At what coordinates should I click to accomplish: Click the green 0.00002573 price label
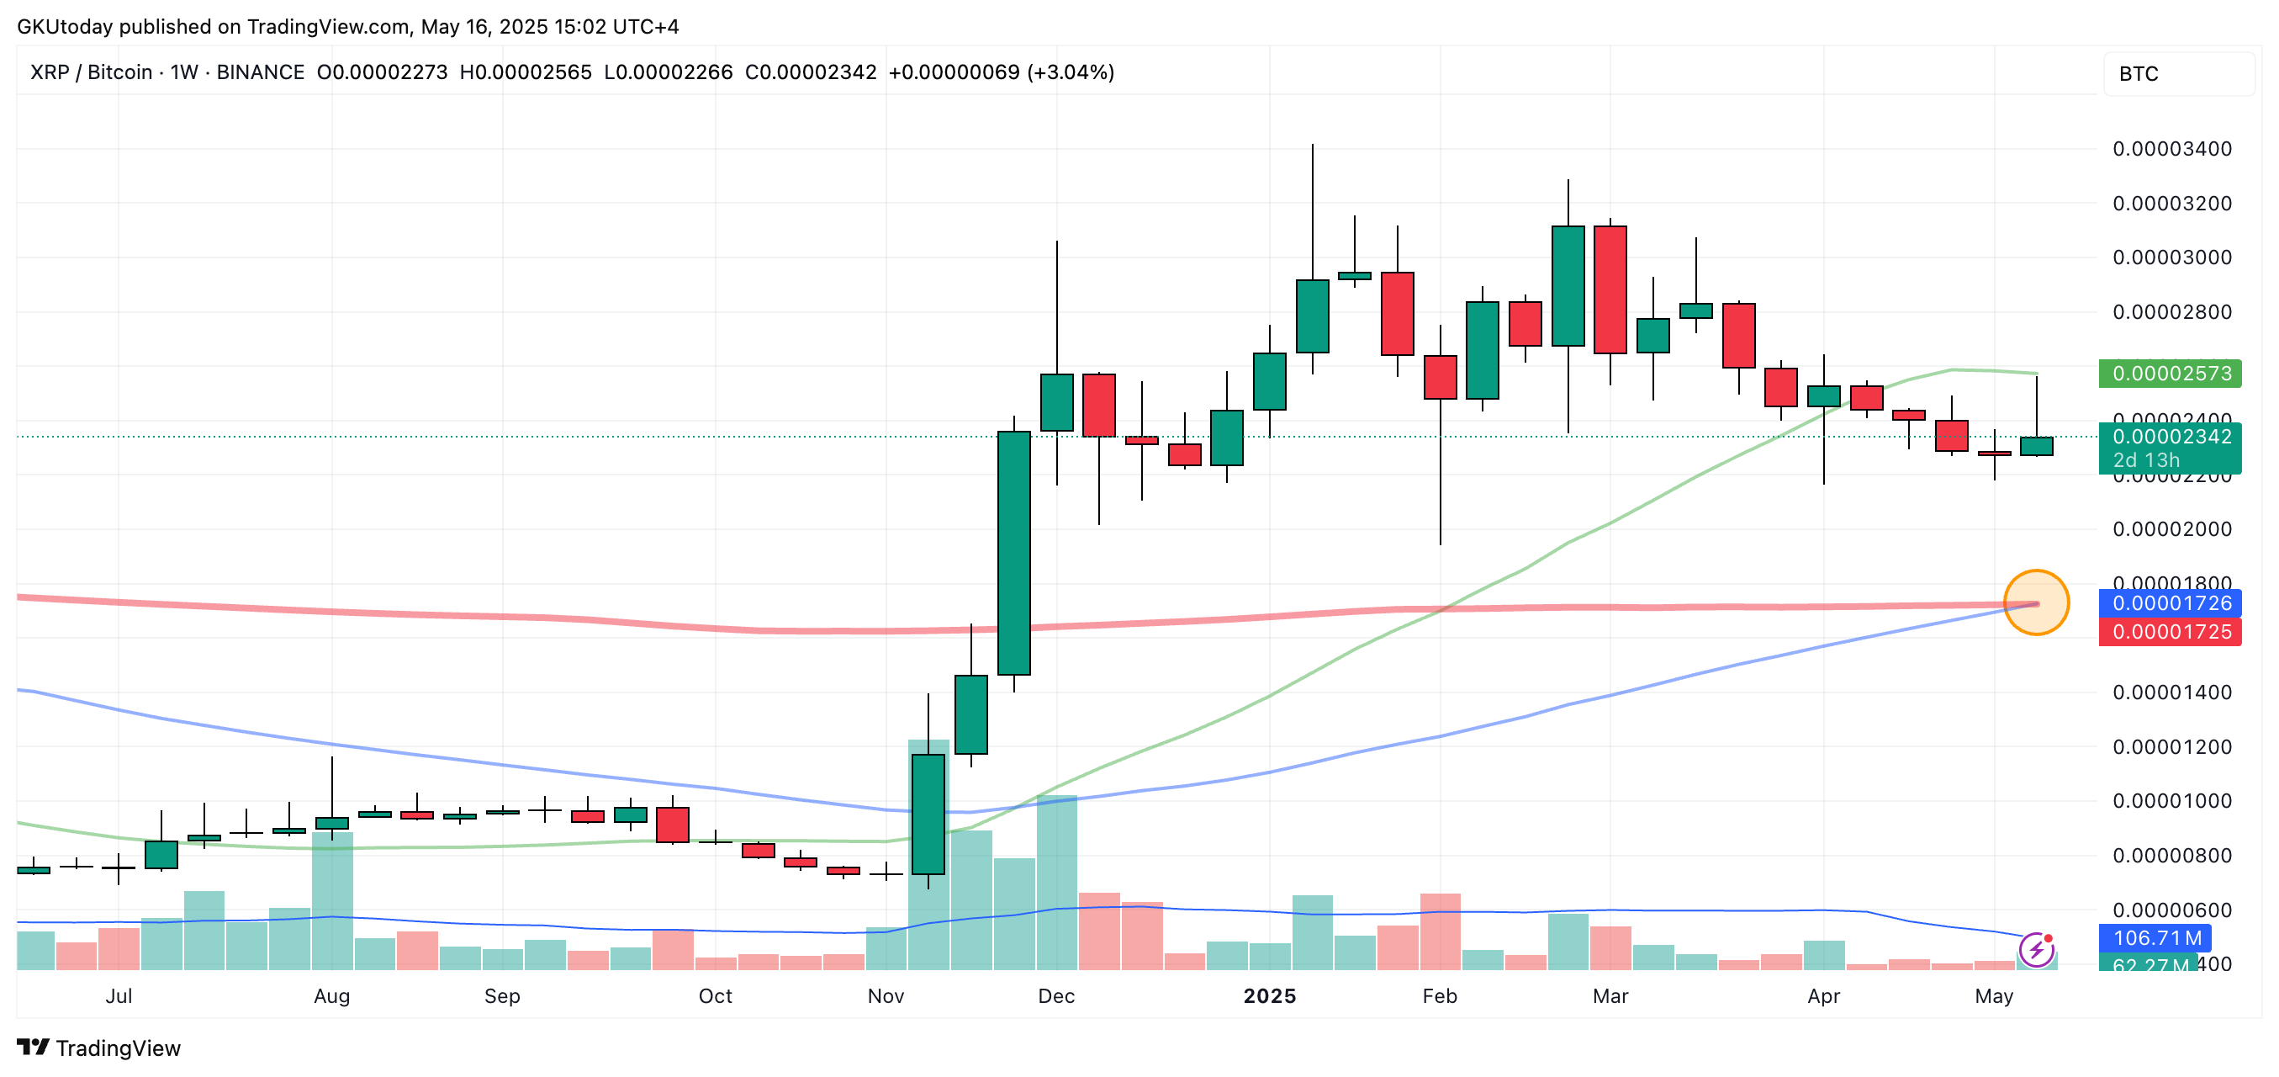[x=2171, y=374]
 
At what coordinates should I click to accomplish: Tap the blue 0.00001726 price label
[x=2171, y=603]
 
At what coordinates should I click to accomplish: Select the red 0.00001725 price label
[x=2171, y=632]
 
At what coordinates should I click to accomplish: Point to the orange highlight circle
[x=2036, y=602]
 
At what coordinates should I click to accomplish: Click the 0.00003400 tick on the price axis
[x=2172, y=149]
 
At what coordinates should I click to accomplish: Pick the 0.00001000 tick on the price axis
[x=2172, y=801]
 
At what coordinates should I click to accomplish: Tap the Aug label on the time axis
[x=332, y=996]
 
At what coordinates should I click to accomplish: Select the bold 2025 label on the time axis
[x=1270, y=996]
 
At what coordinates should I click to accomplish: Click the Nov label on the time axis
[x=886, y=996]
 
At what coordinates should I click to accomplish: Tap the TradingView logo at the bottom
[x=99, y=1048]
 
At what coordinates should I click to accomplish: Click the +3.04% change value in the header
[x=1071, y=72]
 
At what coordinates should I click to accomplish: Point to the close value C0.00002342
[x=811, y=72]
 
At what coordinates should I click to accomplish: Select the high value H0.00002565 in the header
[x=526, y=72]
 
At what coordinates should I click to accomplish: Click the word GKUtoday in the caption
[x=65, y=27]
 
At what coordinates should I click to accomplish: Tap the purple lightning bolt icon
[x=2037, y=951]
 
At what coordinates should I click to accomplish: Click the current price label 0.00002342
[x=2171, y=438]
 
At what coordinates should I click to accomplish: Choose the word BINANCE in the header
[x=260, y=72]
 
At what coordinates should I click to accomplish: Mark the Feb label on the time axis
[x=1440, y=996]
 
